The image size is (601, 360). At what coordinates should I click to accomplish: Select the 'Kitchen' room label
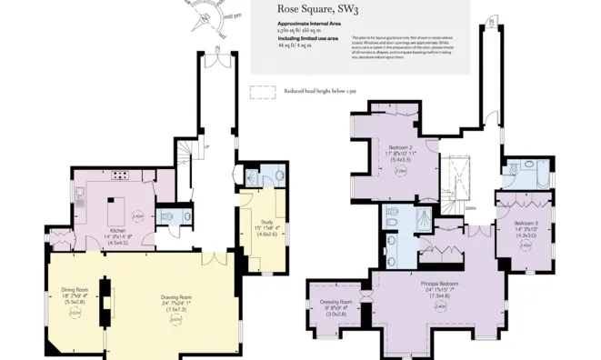coord(118,231)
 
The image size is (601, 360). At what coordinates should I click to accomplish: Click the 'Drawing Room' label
coord(175,297)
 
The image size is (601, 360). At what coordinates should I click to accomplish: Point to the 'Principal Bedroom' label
coord(440,283)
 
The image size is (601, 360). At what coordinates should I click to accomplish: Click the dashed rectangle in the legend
coord(262,91)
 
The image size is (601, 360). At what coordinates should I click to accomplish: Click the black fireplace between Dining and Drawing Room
coord(106,299)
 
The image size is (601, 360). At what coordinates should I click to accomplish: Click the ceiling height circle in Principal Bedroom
coord(440,306)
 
